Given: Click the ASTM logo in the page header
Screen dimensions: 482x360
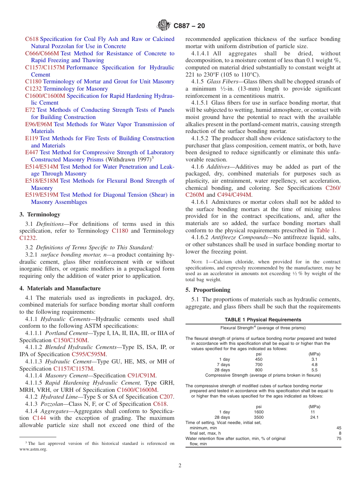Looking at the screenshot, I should click(x=164, y=26).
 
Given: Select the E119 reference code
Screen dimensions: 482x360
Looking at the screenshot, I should click(x=31, y=138).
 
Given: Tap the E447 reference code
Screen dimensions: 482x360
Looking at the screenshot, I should click(x=32, y=152).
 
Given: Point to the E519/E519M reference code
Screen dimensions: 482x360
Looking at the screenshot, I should click(x=42, y=195).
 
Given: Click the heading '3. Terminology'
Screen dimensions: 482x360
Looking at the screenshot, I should click(x=40, y=214).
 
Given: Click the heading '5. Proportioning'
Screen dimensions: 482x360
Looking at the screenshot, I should click(x=208, y=290).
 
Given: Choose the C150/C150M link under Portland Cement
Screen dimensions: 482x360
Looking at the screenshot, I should click(x=70, y=340).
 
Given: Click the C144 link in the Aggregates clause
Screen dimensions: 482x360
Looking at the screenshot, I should click(x=40, y=418).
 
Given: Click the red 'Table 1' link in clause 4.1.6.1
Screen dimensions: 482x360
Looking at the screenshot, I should click(x=325, y=230).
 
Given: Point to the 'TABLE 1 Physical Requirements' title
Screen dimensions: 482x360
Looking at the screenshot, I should click(x=263, y=319).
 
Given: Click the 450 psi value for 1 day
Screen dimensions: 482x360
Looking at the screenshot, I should click(x=258, y=359).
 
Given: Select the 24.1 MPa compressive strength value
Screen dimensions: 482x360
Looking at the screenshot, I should click(x=314, y=417).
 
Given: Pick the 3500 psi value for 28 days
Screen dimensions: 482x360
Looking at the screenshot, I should click(x=258, y=417).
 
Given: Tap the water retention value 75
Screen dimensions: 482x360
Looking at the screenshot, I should click(x=338, y=438).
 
